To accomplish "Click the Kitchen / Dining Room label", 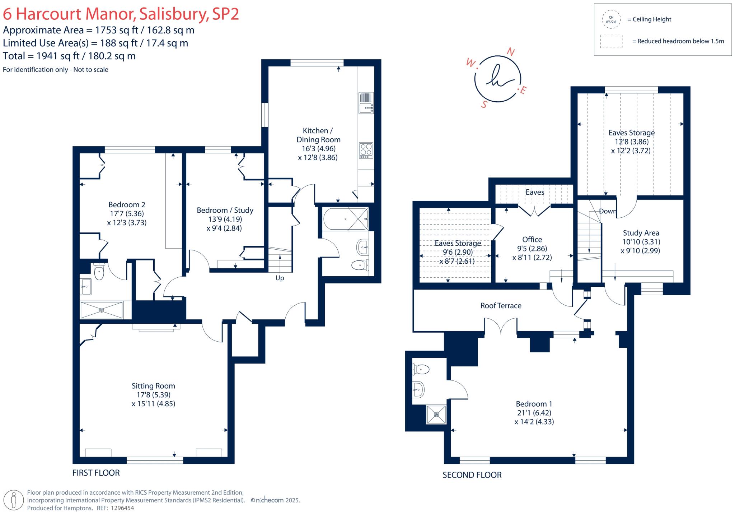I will click(318, 135).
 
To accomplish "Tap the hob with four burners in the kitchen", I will click(366, 151).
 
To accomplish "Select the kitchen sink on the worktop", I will click(366, 107).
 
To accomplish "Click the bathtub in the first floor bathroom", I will click(346, 219).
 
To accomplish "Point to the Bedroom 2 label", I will click(127, 205).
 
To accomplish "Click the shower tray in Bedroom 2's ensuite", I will click(102, 310).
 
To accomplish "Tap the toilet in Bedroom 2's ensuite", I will click(99, 272).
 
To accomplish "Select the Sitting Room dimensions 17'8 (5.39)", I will click(153, 395).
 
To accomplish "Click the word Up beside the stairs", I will click(280, 278).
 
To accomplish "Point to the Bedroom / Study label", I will click(225, 210).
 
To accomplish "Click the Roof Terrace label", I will click(501, 306).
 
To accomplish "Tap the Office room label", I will click(532, 240).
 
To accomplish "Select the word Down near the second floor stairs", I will click(607, 211).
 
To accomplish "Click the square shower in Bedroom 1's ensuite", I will click(436, 414).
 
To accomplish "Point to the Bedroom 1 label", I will click(534, 404).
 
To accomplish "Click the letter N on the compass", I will click(510, 52).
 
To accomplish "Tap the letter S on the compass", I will click(484, 105).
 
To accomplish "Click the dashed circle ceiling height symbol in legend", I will click(611, 19).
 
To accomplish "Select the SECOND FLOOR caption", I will click(472, 475).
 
